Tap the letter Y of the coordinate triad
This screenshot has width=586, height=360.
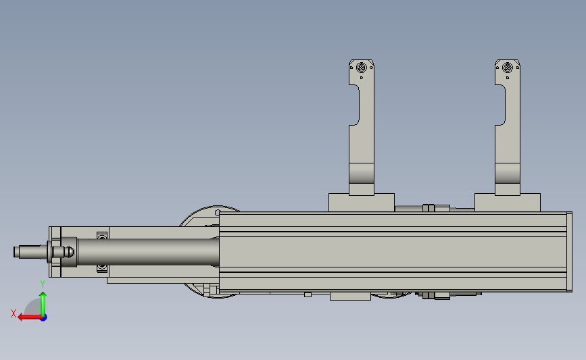pyautogui.click(x=42, y=284)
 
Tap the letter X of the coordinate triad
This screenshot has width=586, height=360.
pyautogui.click(x=14, y=313)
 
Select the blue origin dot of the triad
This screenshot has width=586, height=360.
pyautogui.click(x=44, y=318)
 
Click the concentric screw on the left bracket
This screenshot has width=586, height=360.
pyautogui.click(x=361, y=68)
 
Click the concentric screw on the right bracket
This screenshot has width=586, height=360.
pyautogui.click(x=507, y=68)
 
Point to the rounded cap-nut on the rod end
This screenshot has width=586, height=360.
pyautogui.click(x=69, y=252)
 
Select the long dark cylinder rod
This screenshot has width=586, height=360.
pyautogui.click(x=148, y=252)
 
